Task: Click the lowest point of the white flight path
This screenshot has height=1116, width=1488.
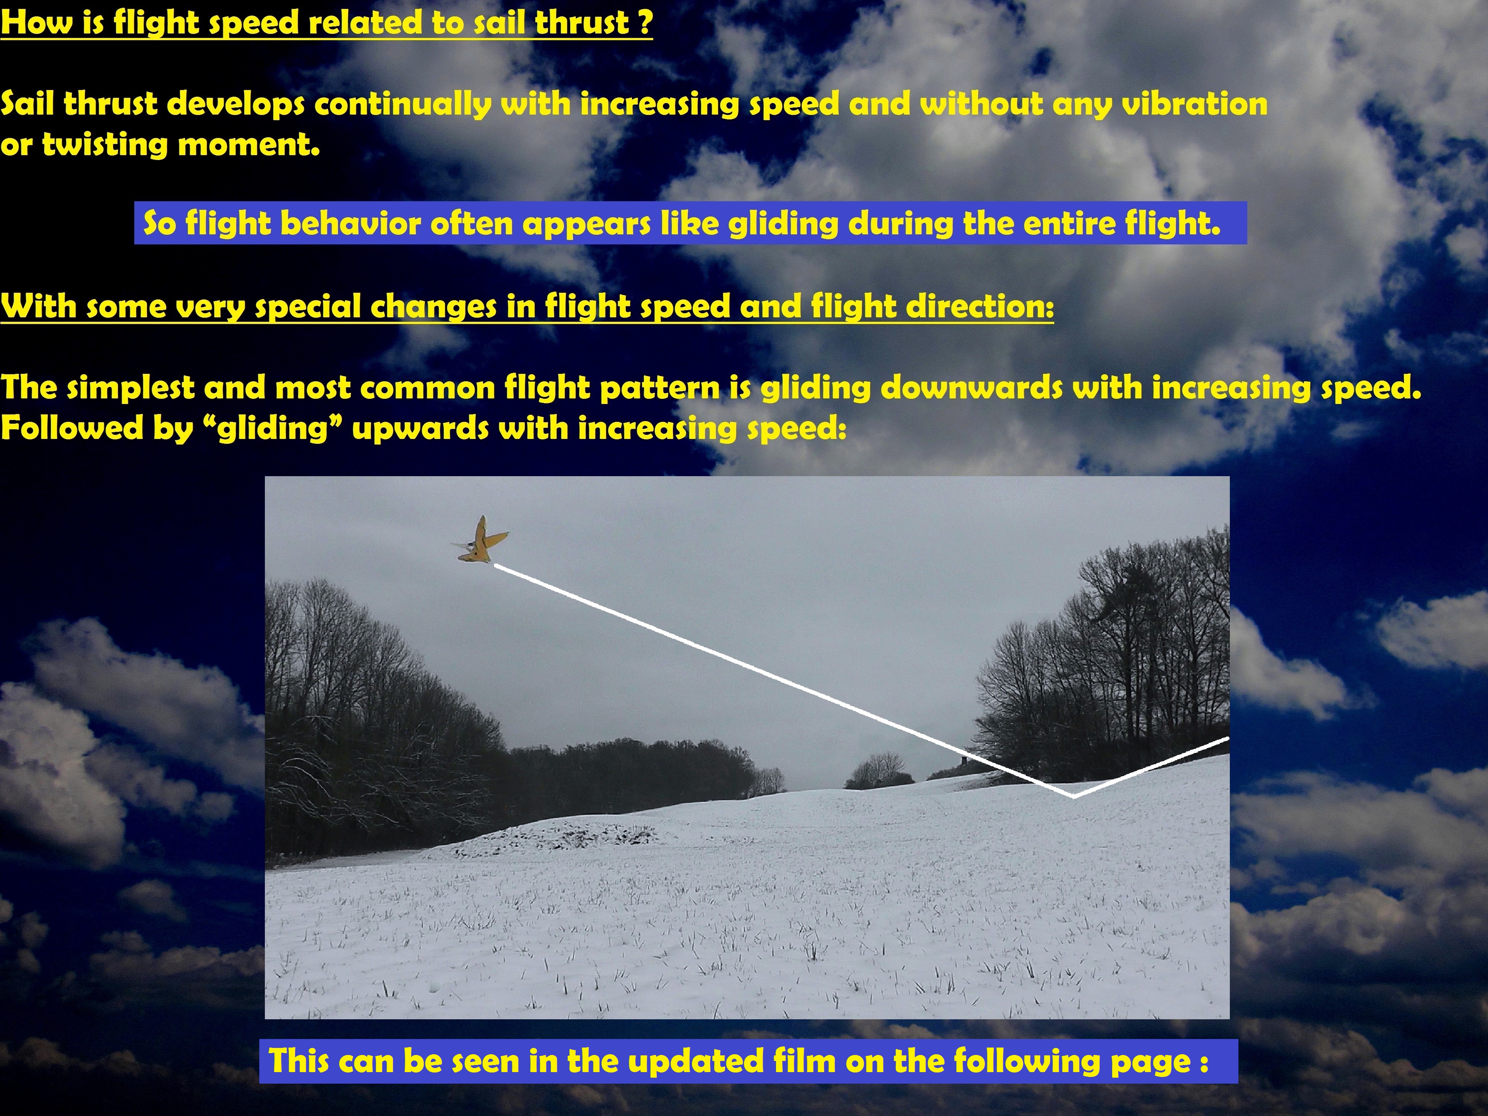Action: pyautogui.click(x=1074, y=796)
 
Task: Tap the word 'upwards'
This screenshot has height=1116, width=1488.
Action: pyautogui.click(x=420, y=429)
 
